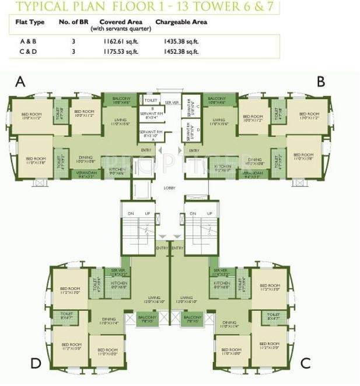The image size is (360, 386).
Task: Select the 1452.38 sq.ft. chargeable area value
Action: click(181, 51)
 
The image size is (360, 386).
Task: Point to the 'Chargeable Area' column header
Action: click(181, 22)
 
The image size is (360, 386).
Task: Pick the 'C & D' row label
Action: click(27, 51)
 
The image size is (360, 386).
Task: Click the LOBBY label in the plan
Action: click(170, 189)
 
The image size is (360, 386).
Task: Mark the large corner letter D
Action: click(36, 363)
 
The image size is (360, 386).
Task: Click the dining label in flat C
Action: click(229, 324)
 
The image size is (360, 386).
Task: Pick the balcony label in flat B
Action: click(216, 100)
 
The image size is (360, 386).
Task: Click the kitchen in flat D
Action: click(119, 284)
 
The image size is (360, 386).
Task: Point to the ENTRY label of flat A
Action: click(145, 150)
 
